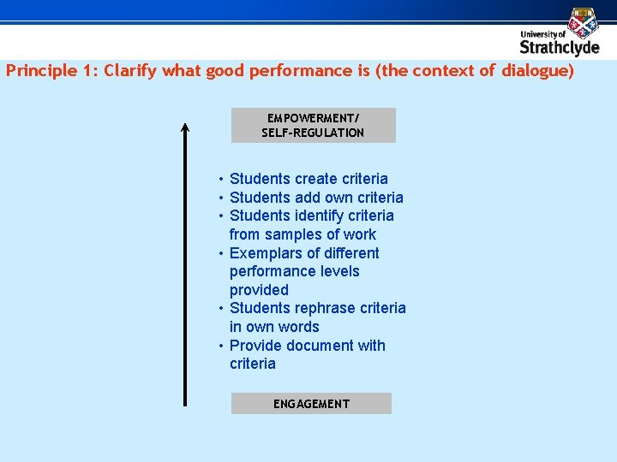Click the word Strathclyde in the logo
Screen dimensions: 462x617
pyautogui.click(x=560, y=46)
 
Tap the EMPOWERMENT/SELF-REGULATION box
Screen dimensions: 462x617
pyautogui.click(x=313, y=125)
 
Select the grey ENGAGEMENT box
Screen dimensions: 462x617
pyautogui.click(x=311, y=404)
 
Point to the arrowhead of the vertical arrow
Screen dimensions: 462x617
pyautogui.click(x=184, y=128)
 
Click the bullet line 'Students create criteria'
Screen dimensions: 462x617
pyautogui.click(x=308, y=179)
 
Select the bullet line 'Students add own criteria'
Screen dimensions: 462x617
pyautogui.click(x=316, y=198)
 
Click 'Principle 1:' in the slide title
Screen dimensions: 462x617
pyautogui.click(x=51, y=71)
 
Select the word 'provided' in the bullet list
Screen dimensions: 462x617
pyautogui.click(x=259, y=290)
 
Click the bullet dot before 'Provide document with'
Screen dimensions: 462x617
pyautogui.click(x=221, y=346)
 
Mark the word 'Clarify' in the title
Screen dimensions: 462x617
pyautogui.click(x=132, y=71)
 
